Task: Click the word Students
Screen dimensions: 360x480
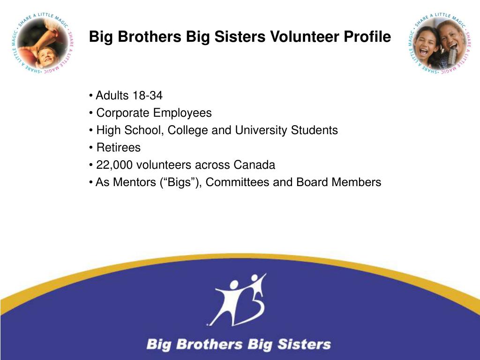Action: coord(314,130)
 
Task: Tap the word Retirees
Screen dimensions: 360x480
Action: coord(118,148)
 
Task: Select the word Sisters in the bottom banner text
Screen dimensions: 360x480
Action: coord(304,345)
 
